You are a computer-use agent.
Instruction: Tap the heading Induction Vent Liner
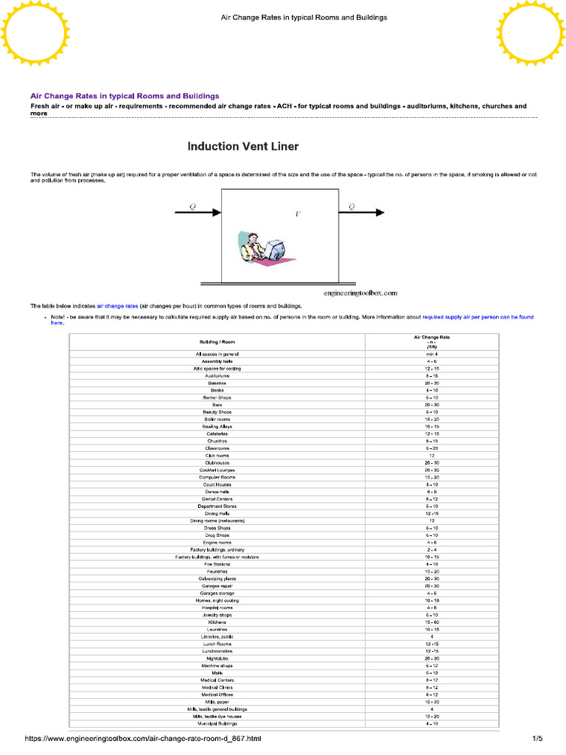tap(243, 146)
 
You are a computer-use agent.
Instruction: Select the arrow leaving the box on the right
tap(361, 213)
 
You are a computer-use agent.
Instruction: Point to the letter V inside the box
tap(298, 215)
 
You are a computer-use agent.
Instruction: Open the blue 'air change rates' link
tap(117, 305)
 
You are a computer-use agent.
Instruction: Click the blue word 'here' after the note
tap(57, 323)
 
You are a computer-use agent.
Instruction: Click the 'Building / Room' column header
tap(217, 342)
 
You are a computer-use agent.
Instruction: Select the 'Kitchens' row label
tap(217, 622)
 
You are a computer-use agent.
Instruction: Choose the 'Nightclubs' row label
tap(217, 658)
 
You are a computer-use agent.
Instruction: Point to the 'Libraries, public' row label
tap(217, 636)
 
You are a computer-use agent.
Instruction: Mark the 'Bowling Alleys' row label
tap(217, 426)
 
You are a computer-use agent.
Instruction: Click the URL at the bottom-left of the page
tap(143, 738)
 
